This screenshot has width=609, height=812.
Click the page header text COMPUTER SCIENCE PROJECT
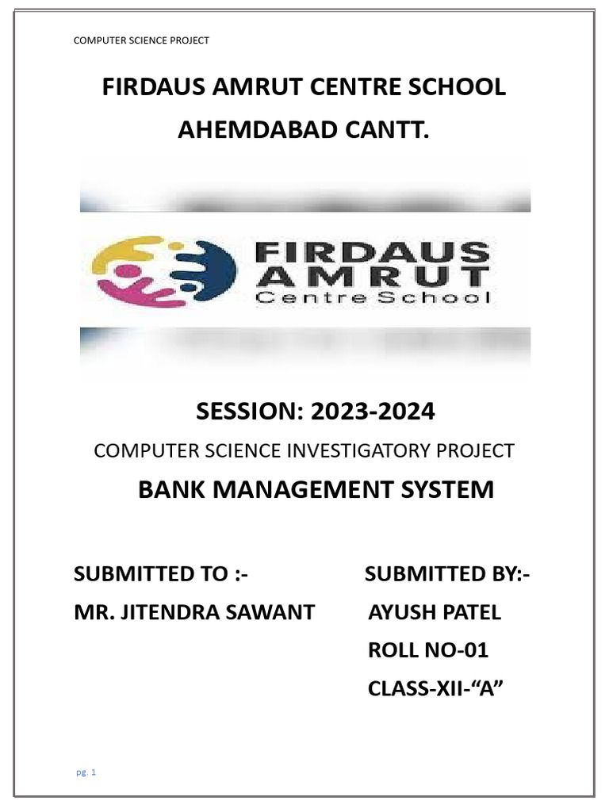(x=141, y=40)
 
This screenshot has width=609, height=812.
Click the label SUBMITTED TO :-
(x=161, y=574)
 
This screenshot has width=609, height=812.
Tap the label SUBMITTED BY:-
(x=447, y=574)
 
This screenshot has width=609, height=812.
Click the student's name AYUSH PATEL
(x=435, y=612)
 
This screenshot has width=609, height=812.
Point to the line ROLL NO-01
(x=428, y=651)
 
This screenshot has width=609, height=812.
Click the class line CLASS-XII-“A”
(x=436, y=689)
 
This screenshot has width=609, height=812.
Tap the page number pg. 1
(x=86, y=772)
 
